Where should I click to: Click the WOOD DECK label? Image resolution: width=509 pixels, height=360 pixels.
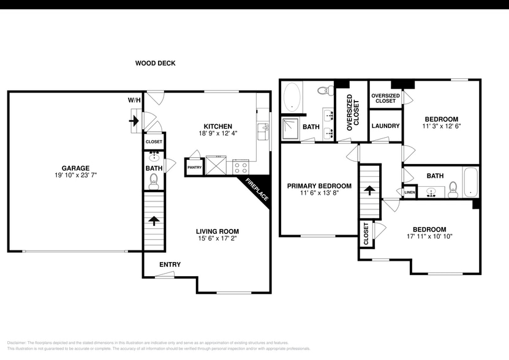click(156, 63)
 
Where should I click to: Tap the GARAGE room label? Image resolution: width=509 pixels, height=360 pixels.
click(75, 168)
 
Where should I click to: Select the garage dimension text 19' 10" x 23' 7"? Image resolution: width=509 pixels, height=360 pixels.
click(75, 176)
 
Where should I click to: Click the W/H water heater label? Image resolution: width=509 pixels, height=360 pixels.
click(134, 100)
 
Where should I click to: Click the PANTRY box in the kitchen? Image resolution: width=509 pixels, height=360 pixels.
click(194, 167)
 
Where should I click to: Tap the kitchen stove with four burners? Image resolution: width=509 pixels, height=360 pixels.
click(240, 166)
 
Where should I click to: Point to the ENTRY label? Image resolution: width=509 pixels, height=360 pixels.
click(170, 264)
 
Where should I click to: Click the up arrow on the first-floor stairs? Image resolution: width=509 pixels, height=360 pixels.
click(153, 221)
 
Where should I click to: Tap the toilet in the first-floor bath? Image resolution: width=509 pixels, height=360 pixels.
click(153, 180)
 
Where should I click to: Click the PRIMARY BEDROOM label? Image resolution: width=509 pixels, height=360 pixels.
click(319, 186)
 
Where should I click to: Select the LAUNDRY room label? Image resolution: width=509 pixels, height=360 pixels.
click(385, 126)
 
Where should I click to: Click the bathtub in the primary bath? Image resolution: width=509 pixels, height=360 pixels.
click(293, 98)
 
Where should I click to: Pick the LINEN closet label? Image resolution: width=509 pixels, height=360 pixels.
click(409, 193)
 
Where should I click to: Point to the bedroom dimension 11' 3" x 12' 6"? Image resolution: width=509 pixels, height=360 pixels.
click(441, 126)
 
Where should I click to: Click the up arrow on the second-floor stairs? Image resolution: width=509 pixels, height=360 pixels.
click(369, 190)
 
